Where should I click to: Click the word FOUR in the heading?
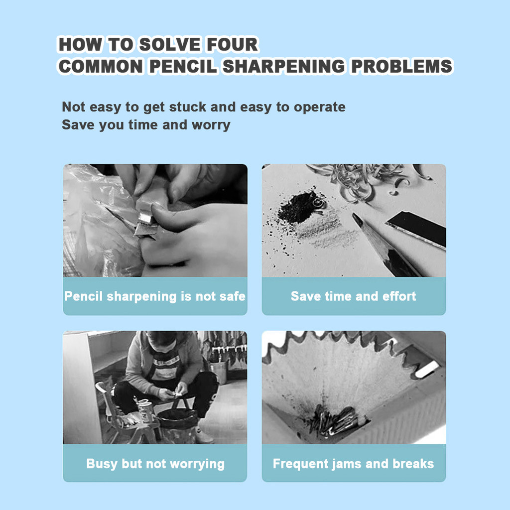pos(232,44)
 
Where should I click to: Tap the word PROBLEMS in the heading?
pos(402,66)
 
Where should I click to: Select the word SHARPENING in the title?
pos(283,66)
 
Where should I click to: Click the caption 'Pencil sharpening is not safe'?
pos(155,296)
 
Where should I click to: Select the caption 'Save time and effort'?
pos(353,296)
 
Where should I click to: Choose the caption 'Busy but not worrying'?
pos(155,464)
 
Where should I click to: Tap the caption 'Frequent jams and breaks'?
pos(353,464)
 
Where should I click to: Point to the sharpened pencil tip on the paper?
pos(358,220)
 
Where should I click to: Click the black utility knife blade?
pos(416,228)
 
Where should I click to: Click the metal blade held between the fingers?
pos(146,225)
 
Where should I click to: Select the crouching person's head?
pos(162,342)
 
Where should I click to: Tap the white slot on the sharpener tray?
pos(427,370)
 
